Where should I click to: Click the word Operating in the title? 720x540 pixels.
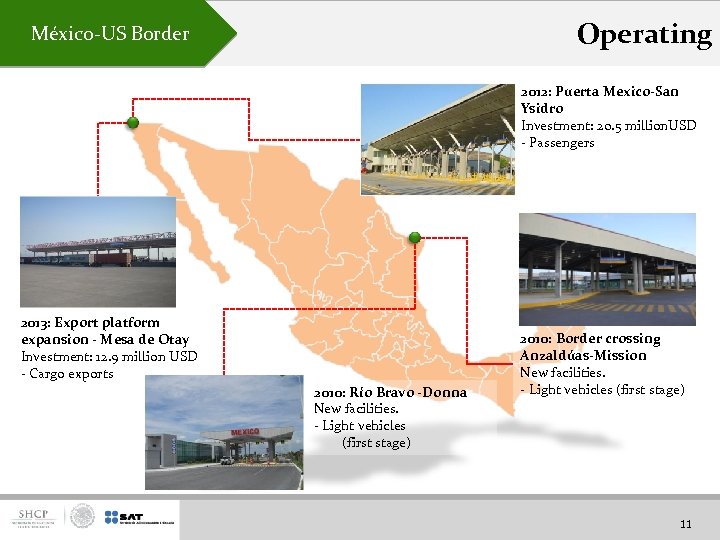click(644, 34)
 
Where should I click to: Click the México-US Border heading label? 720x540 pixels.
click(110, 34)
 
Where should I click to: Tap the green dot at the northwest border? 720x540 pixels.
click(131, 123)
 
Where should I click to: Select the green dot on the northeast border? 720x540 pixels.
click(415, 237)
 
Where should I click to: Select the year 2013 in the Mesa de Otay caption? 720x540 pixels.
click(35, 323)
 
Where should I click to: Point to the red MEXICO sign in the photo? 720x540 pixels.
click(245, 432)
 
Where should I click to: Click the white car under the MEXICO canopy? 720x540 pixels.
click(228, 460)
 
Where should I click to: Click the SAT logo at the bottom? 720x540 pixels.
click(130, 517)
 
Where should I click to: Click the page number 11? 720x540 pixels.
click(685, 523)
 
